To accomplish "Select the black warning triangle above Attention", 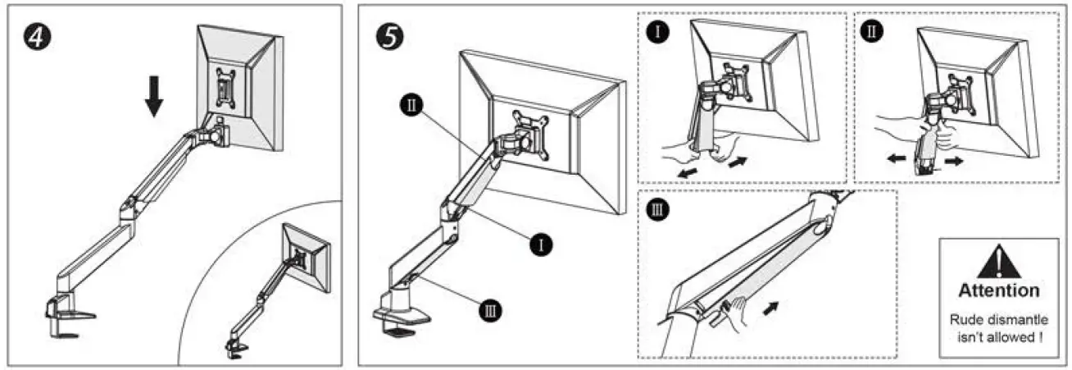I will coord(998,263).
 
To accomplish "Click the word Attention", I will coord(998,290).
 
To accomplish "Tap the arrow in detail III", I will coord(770,310).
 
